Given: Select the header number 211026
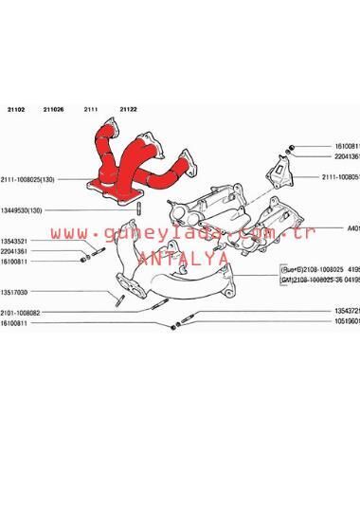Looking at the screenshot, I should click(x=53, y=109).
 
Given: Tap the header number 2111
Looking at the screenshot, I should click(x=91, y=109).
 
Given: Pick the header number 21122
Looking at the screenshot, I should click(x=128, y=109).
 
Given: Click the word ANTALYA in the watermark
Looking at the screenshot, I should click(x=183, y=257).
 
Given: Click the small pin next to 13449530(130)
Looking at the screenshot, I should click(x=139, y=209).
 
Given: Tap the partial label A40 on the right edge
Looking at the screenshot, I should click(x=352, y=228).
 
